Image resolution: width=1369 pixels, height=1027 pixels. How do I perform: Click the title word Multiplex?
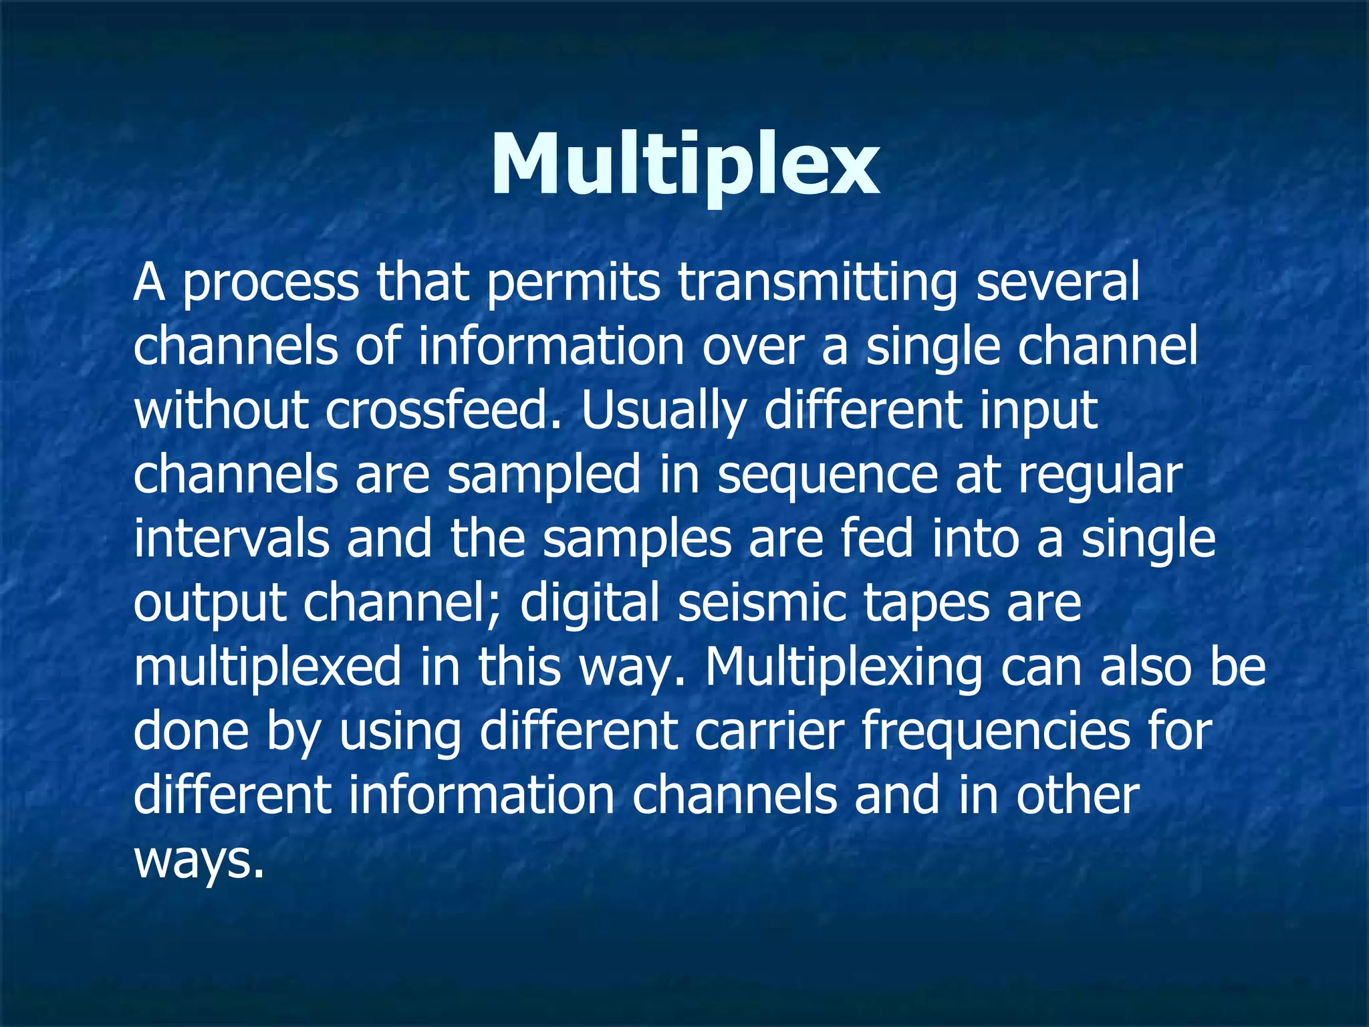[684, 164]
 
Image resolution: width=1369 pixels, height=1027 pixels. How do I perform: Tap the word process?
[271, 284]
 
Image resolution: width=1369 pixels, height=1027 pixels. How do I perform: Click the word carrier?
[769, 730]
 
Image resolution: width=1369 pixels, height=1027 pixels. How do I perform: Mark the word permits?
[573, 284]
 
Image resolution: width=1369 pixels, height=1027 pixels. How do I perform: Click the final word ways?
[195, 861]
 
